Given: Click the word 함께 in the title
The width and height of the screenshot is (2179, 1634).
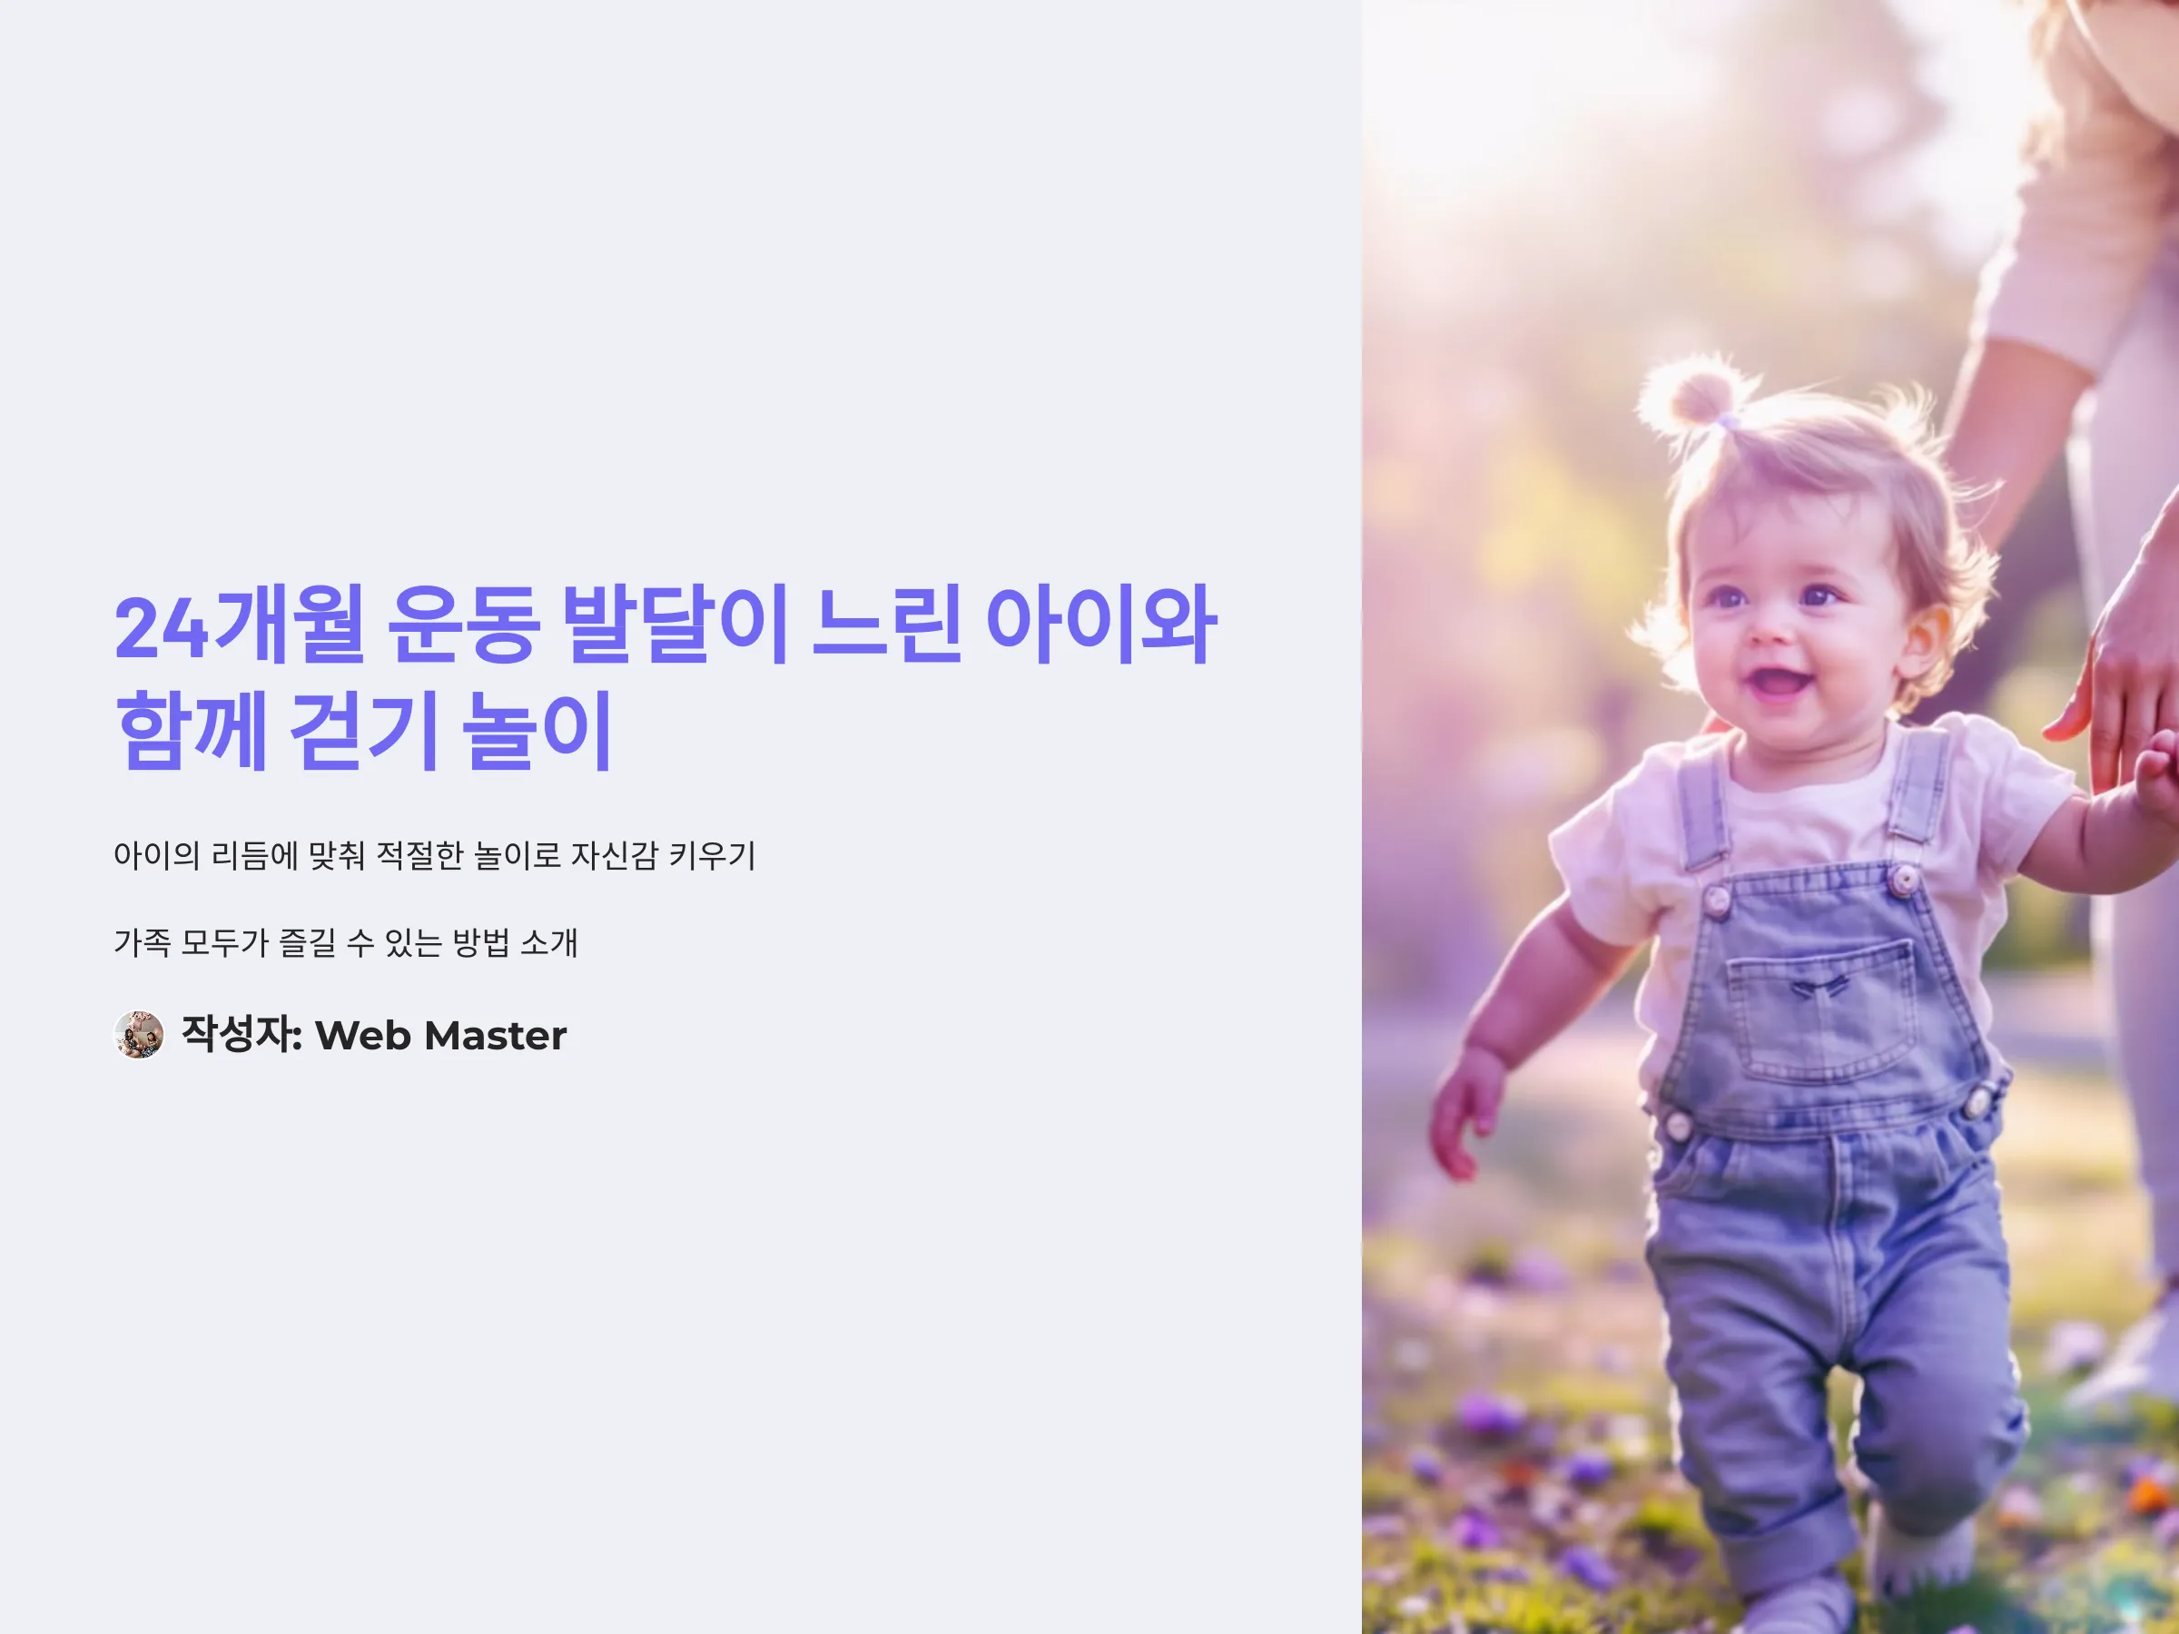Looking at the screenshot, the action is (192, 730).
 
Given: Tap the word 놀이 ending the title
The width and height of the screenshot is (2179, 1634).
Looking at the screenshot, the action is (537, 730).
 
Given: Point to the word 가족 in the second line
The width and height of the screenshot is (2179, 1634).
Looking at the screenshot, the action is (143, 942).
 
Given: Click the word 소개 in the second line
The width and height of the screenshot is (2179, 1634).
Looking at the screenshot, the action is (548, 942).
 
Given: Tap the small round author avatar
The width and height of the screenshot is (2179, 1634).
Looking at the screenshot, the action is (139, 1034).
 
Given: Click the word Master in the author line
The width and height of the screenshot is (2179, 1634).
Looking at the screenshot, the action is (496, 1035).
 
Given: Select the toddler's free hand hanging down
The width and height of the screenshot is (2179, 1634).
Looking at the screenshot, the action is (1467, 1117).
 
